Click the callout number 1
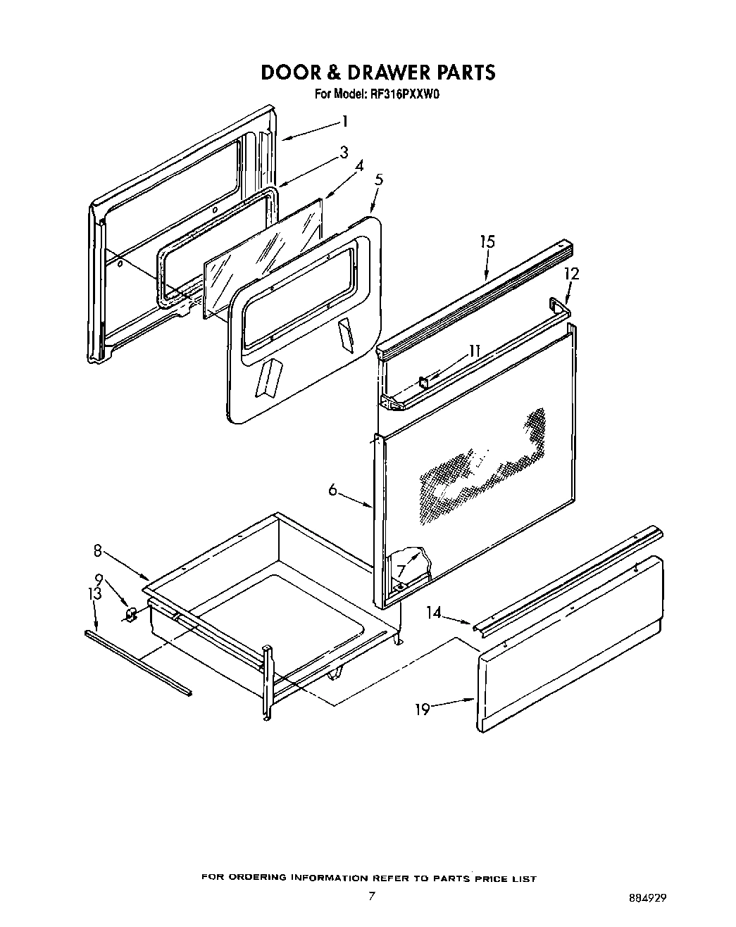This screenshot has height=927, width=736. [345, 121]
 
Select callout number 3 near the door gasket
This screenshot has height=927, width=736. [344, 152]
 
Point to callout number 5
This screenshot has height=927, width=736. [379, 179]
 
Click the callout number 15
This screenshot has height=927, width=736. [487, 241]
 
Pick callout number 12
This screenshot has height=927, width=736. [571, 274]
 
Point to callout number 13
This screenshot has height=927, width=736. [95, 594]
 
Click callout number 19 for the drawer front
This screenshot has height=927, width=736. [422, 709]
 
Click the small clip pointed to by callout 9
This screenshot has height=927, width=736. [130, 616]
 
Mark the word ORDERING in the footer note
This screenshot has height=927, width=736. [261, 878]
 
